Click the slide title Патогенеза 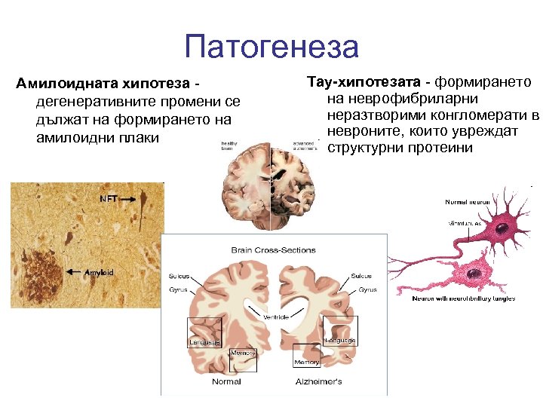pyautogui.click(x=271, y=47)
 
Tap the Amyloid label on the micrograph pyautogui.click(x=99, y=271)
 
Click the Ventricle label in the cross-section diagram pyautogui.click(x=275, y=317)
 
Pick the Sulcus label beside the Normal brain pyautogui.click(x=179, y=277)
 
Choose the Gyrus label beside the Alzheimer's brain pyautogui.click(x=367, y=289)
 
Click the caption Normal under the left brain pyautogui.click(x=226, y=382)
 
